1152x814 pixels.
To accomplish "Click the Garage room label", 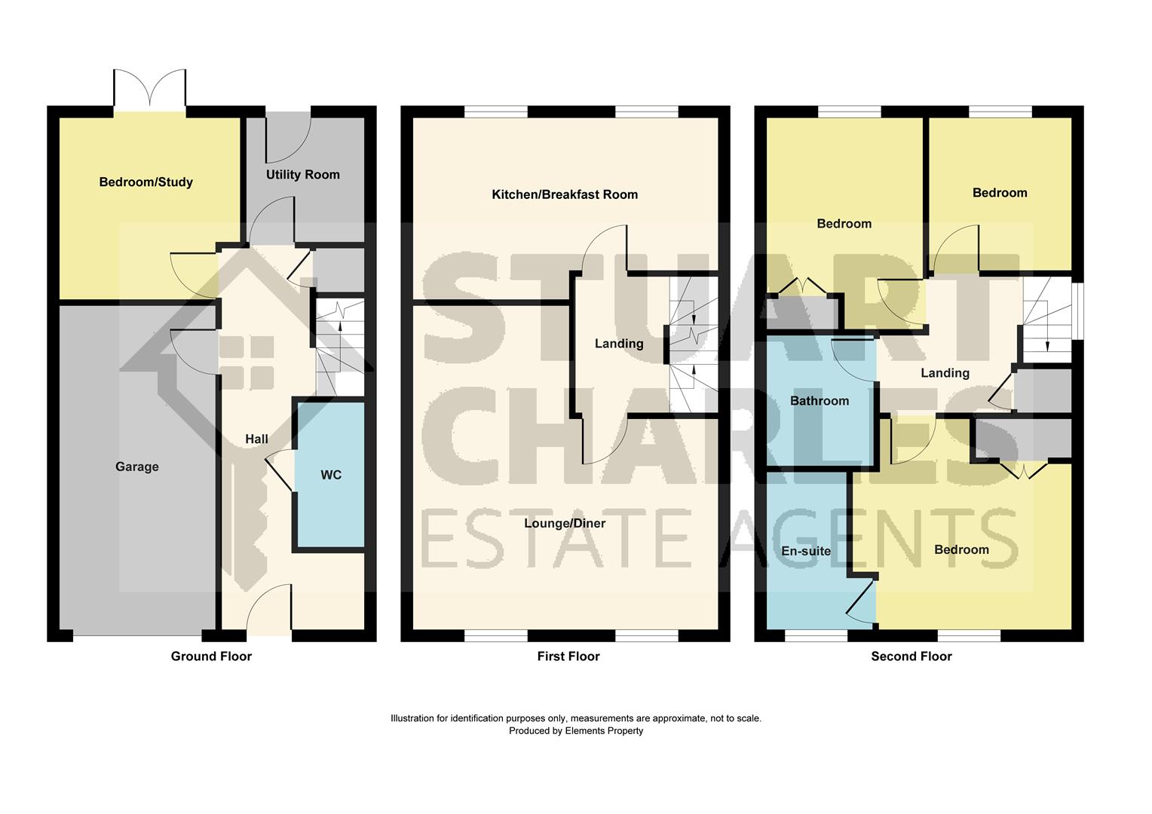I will click(137, 467).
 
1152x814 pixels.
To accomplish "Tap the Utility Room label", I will click(302, 175).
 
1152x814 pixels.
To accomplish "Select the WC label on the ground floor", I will click(331, 475).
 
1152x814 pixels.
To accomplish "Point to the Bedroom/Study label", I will click(146, 182).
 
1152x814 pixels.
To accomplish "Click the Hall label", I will click(256, 439).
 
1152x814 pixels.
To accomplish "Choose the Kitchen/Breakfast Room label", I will click(565, 194).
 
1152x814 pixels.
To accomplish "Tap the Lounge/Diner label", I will click(565, 523).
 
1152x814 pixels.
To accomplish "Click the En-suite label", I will click(806, 551).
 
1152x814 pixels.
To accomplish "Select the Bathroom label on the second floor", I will click(820, 401).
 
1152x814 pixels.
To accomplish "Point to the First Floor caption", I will click(568, 656).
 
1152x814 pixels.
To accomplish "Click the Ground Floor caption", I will click(211, 656).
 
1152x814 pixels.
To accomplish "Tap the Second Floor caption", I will click(911, 656).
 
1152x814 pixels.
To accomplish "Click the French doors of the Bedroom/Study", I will click(150, 89).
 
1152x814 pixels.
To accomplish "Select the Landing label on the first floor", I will click(619, 344).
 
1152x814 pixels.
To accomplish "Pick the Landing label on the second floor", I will click(945, 373).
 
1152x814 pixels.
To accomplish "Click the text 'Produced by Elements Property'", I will click(576, 730).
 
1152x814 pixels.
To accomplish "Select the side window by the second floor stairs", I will click(1077, 311).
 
